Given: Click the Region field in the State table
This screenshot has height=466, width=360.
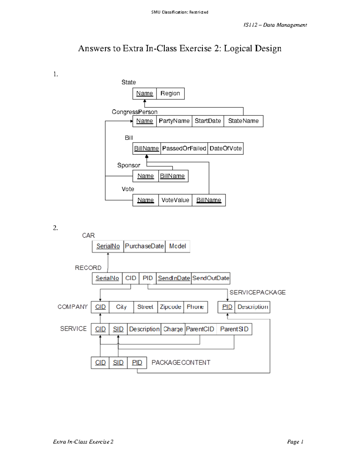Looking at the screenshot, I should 170,93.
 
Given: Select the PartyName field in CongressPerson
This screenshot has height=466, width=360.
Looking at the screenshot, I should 174,121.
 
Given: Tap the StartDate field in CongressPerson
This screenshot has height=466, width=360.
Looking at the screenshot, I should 208,121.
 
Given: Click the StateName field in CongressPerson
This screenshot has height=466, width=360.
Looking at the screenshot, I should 243,121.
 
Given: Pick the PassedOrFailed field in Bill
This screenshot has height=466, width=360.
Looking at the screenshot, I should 184,149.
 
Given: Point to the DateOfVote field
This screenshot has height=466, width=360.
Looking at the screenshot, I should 226,149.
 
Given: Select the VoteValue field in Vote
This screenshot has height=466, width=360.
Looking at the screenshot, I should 175,200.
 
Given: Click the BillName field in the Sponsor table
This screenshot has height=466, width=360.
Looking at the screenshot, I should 172,176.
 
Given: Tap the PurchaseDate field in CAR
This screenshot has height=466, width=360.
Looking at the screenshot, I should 144,246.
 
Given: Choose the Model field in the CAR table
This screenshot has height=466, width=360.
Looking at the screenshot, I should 178,246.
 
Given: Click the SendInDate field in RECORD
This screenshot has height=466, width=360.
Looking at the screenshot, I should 174,278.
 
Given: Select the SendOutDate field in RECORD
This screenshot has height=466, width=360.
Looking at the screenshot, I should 211,278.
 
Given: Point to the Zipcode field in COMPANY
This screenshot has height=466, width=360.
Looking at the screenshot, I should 170,307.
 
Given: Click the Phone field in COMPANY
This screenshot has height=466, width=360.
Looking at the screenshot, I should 195,307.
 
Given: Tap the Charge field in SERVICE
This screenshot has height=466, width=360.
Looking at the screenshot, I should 173,329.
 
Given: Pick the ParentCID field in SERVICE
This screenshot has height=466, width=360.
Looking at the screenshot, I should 200,329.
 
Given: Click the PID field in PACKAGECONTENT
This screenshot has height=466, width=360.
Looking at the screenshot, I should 137,363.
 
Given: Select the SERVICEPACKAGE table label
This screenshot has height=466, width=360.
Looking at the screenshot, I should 257,293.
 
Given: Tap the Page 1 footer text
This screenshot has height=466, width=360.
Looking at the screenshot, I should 295,442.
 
